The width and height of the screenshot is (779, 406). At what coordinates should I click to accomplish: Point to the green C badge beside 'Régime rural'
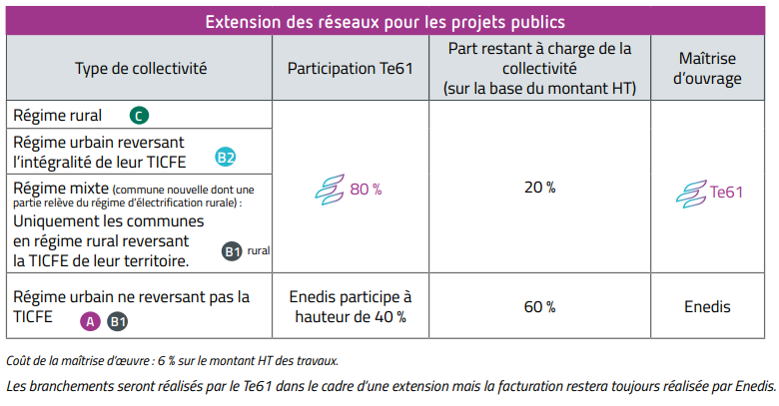point(139,116)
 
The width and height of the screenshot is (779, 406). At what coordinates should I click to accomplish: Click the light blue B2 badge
point(226,157)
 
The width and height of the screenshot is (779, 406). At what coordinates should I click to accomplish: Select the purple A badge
point(90,321)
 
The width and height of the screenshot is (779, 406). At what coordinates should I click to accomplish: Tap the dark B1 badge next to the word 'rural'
point(233,252)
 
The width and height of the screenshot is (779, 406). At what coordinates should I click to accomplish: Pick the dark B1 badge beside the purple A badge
point(117,321)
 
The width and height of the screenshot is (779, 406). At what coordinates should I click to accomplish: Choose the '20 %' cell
point(539,188)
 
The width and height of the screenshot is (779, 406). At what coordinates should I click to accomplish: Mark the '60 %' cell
point(539,307)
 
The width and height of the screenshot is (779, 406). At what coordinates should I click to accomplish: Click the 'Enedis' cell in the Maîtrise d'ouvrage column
point(707,307)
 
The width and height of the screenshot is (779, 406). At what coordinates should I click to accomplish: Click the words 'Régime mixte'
point(60,188)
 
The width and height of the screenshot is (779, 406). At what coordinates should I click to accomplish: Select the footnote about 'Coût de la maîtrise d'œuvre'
point(172,360)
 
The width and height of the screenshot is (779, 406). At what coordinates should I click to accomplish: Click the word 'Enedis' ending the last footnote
point(750,385)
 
